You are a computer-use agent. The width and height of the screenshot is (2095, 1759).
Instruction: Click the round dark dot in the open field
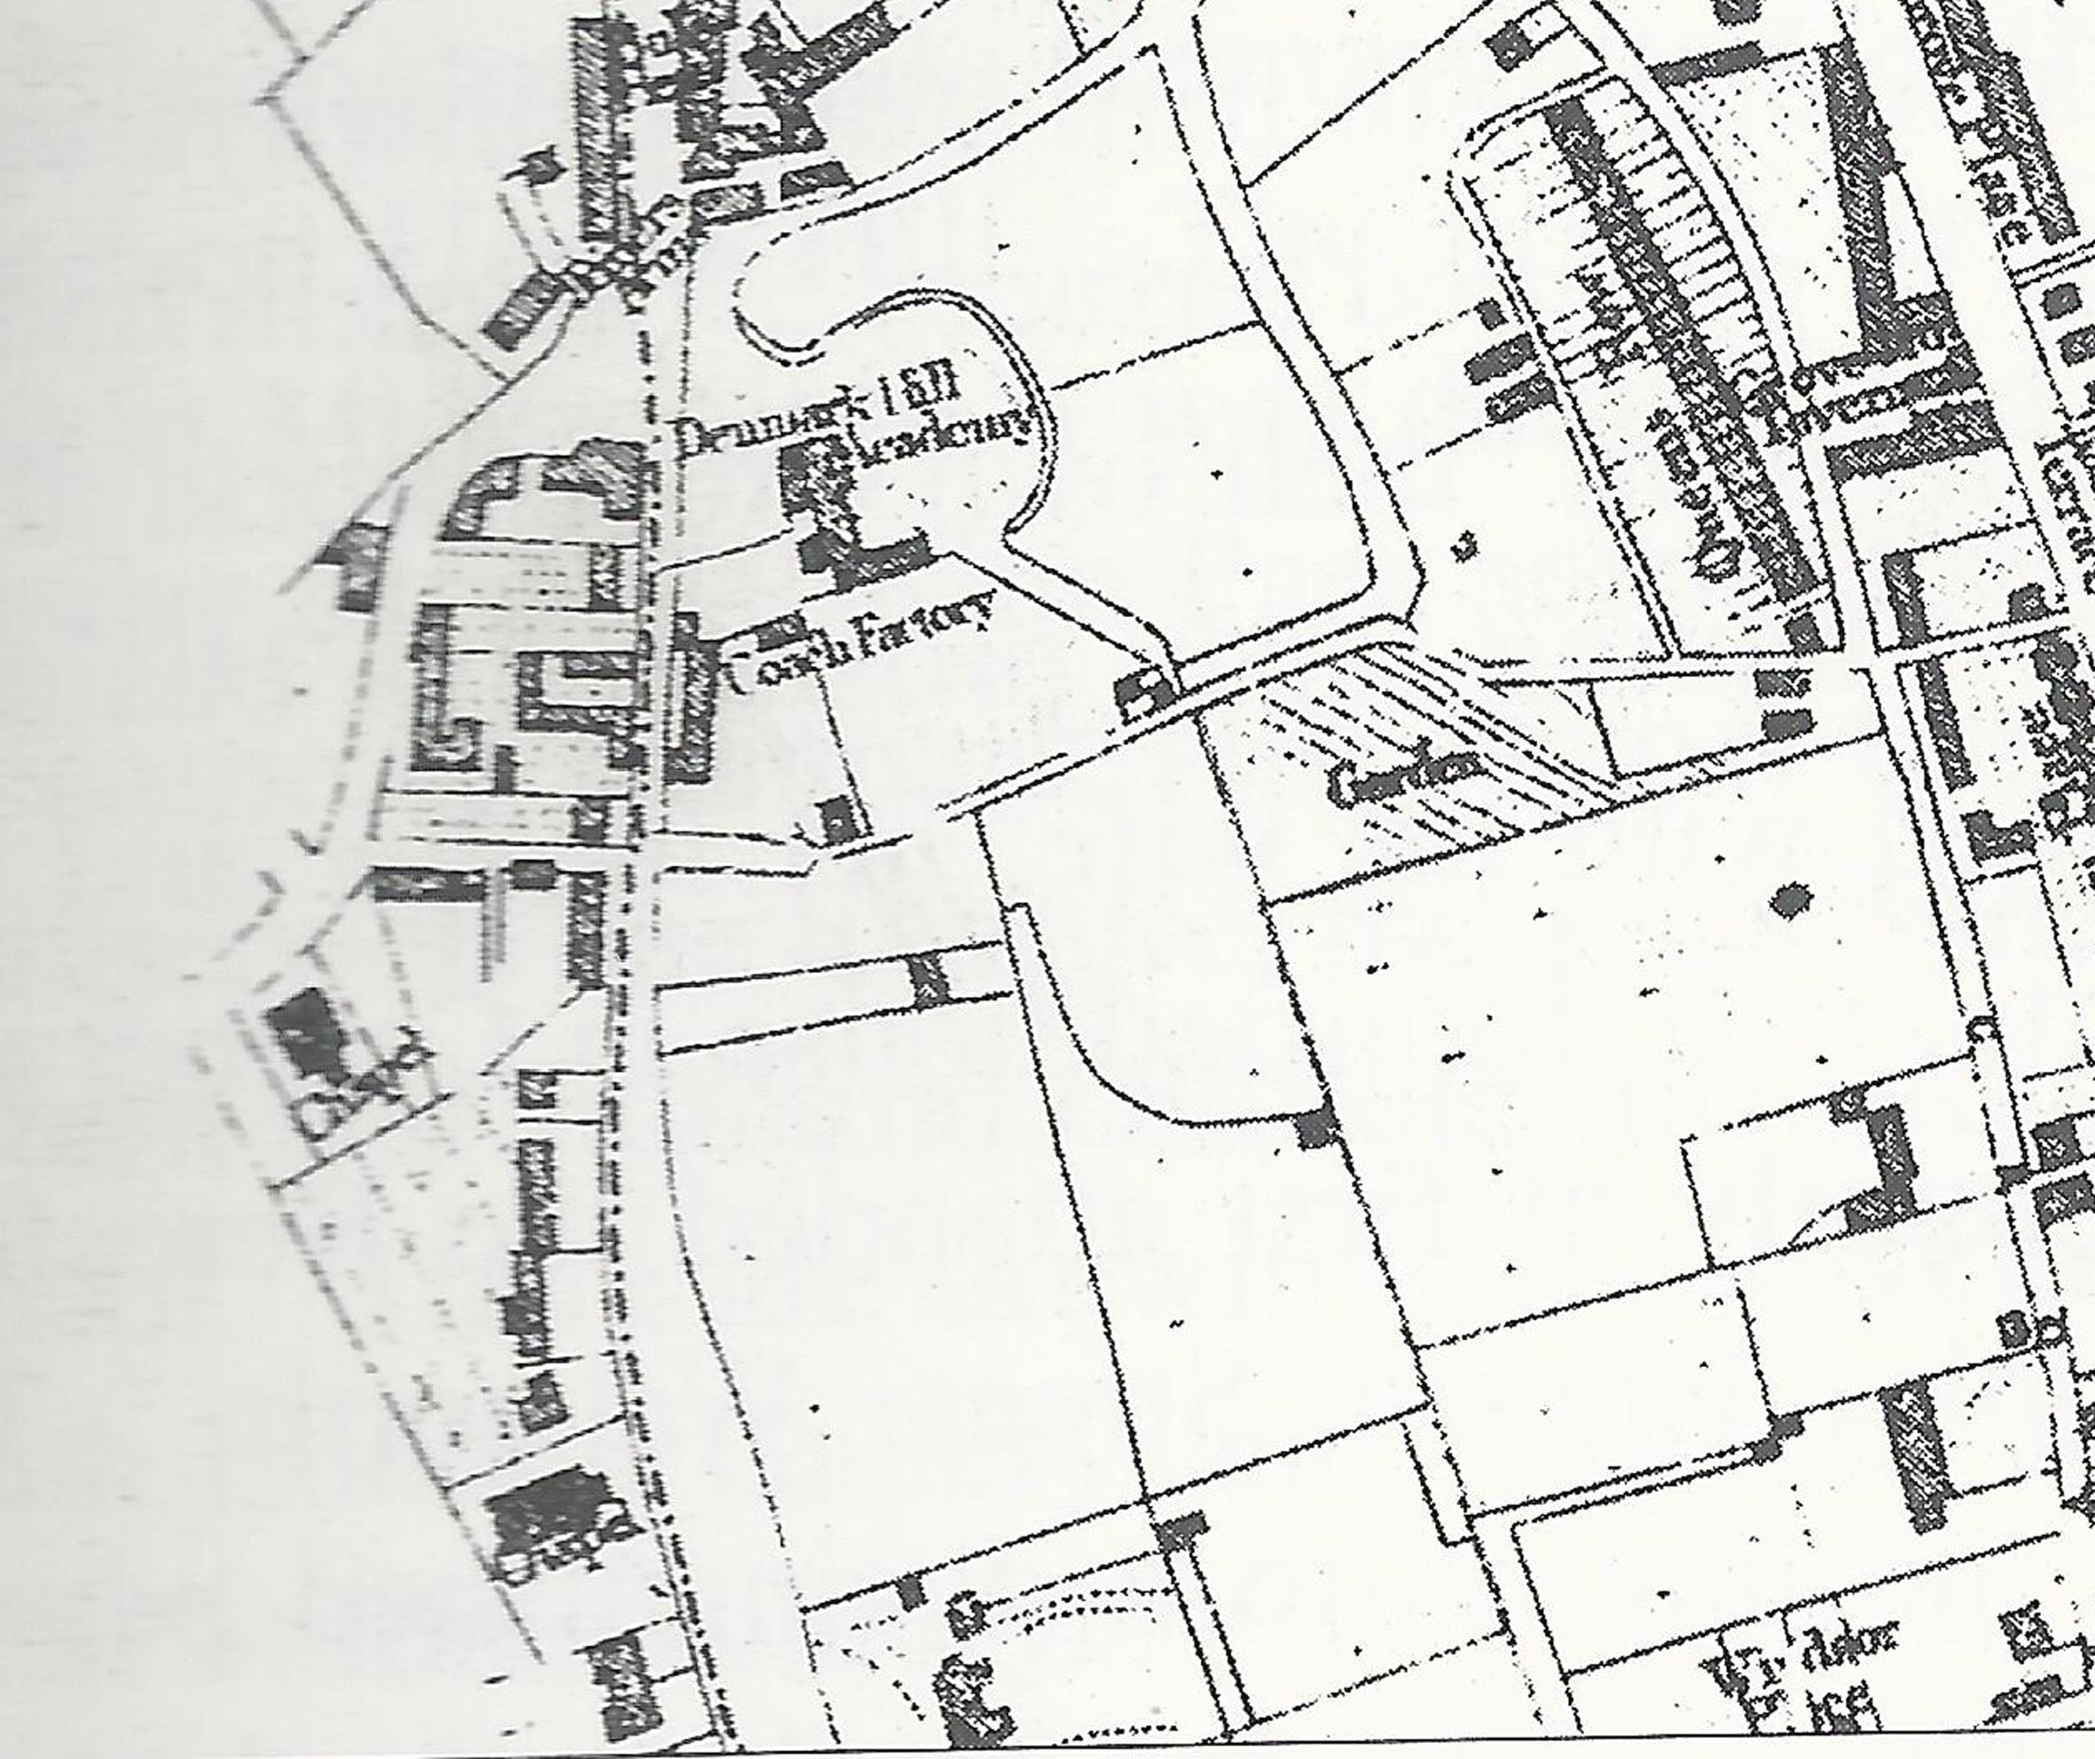point(1792,902)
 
